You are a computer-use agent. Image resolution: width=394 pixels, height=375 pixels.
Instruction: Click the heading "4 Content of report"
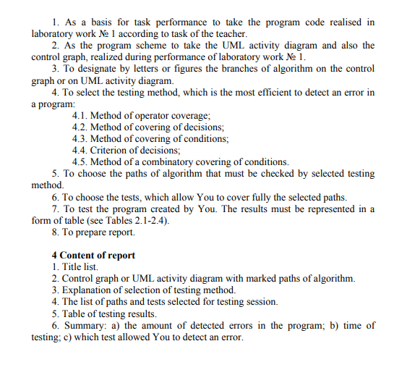pyautogui.click(x=93, y=256)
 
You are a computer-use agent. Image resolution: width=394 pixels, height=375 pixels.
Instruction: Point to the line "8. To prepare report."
pyautogui.click(x=93, y=232)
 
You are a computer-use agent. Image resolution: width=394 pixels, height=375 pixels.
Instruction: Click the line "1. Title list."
pyautogui.click(x=75, y=267)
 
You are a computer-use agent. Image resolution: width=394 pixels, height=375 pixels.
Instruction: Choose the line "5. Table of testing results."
pyautogui.click(x=104, y=313)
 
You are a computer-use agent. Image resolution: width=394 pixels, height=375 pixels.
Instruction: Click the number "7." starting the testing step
pyautogui.click(x=56, y=209)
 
